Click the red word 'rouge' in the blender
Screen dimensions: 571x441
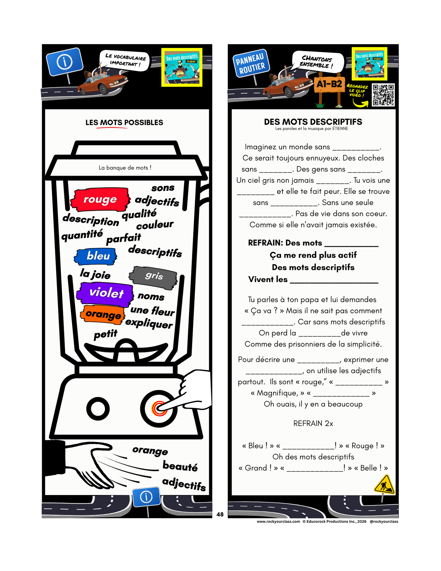[x=100, y=200]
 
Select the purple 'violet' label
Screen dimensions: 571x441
[x=106, y=293]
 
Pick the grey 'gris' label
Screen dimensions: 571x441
[x=154, y=276]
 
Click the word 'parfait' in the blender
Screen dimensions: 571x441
[x=123, y=238]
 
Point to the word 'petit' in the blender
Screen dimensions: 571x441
[x=105, y=334]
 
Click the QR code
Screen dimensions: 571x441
[x=383, y=95]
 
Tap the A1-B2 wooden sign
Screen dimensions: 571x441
[x=329, y=84]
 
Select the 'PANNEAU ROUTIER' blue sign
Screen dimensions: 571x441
[x=250, y=64]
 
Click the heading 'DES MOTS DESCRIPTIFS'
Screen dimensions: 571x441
[x=313, y=122]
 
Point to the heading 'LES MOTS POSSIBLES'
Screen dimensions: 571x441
[x=124, y=123]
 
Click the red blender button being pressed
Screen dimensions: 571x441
[x=159, y=408]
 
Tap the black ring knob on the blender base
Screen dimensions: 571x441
[x=98, y=408]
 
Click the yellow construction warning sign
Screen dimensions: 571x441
[x=384, y=485]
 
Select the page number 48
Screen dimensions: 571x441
[x=220, y=515]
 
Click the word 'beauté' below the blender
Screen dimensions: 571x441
[x=180, y=466]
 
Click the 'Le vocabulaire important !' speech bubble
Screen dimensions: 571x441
[x=125, y=60]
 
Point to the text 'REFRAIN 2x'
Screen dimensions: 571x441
[x=313, y=424]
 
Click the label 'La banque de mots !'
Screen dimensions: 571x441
[x=125, y=168]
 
